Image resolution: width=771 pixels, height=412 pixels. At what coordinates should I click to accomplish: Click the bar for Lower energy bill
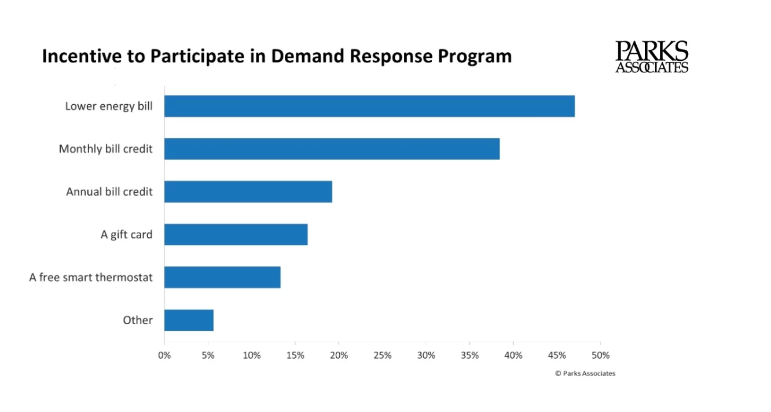pyautogui.click(x=369, y=106)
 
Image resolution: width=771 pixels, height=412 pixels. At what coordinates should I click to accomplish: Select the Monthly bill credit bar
pyautogui.click(x=332, y=149)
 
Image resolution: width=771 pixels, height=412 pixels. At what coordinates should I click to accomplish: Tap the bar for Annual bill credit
pyautogui.click(x=248, y=192)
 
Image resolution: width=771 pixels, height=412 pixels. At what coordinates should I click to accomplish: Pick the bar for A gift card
pyautogui.click(x=236, y=234)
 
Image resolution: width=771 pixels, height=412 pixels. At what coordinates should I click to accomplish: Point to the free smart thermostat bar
pyautogui.click(x=222, y=277)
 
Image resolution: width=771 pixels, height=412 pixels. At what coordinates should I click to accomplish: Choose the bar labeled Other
pyautogui.click(x=189, y=320)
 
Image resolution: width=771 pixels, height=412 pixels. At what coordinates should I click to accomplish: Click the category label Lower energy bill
pyautogui.click(x=109, y=106)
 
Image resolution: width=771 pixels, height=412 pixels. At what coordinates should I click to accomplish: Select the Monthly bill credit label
pyautogui.click(x=105, y=149)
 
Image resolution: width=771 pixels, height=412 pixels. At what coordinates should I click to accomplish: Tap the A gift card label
pyautogui.click(x=126, y=234)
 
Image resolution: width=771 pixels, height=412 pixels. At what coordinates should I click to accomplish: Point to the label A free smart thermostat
pyautogui.click(x=91, y=277)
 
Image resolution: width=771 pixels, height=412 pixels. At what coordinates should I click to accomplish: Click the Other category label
pyautogui.click(x=138, y=320)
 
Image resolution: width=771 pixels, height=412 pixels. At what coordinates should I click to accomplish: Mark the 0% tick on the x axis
pyautogui.click(x=164, y=355)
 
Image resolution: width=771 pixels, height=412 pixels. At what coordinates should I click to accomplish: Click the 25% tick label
pyautogui.click(x=383, y=355)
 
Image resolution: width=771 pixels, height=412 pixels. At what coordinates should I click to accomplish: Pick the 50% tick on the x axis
pyautogui.click(x=601, y=355)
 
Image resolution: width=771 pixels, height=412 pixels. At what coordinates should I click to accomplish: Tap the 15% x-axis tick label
pyautogui.click(x=295, y=355)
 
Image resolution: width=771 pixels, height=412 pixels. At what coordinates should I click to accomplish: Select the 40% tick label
pyautogui.click(x=513, y=355)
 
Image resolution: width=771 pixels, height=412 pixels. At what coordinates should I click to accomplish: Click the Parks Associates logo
pyautogui.click(x=652, y=57)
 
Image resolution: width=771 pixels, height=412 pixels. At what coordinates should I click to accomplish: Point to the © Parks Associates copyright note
pyautogui.click(x=585, y=373)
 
